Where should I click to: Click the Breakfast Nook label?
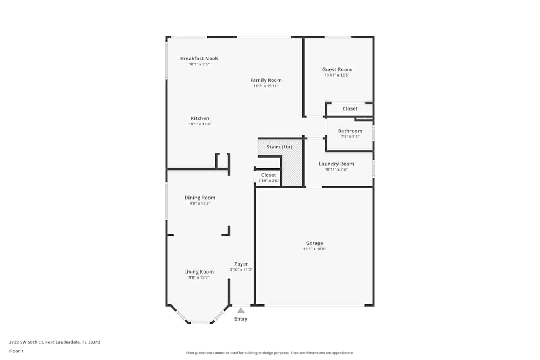[x=199, y=58]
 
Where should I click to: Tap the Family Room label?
[x=266, y=80]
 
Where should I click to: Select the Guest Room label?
[x=337, y=70]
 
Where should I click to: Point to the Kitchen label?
[x=200, y=118]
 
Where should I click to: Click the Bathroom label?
[x=350, y=131]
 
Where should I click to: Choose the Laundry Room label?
[x=336, y=164]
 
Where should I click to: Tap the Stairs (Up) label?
[x=279, y=147]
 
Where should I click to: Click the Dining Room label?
[x=200, y=198]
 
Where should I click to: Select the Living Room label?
[x=199, y=271]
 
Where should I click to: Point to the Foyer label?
[x=241, y=264]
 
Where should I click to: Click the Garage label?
[x=314, y=243]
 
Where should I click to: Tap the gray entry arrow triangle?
[x=241, y=310]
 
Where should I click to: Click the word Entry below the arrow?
[x=241, y=319]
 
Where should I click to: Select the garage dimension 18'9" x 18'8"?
[x=314, y=249]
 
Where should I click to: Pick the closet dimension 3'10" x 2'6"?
[x=268, y=181]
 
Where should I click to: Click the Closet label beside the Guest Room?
[x=350, y=108]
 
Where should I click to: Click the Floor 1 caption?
[x=16, y=351]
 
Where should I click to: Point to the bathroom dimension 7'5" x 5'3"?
[x=350, y=137]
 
